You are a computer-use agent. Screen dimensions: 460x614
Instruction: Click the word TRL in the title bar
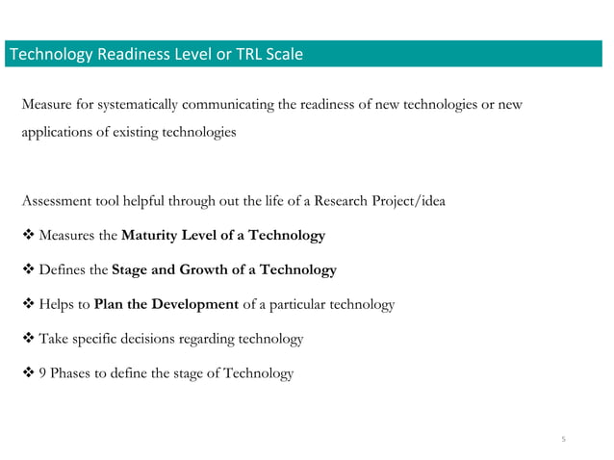click(x=249, y=54)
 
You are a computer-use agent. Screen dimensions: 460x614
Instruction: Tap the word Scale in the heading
click(x=284, y=54)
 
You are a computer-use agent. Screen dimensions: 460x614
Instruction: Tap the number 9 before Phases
click(x=42, y=373)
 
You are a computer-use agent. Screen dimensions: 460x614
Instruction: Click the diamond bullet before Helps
click(x=27, y=305)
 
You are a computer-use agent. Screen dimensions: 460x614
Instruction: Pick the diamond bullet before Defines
click(x=27, y=270)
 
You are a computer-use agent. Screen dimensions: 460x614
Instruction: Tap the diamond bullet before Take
click(x=27, y=339)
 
